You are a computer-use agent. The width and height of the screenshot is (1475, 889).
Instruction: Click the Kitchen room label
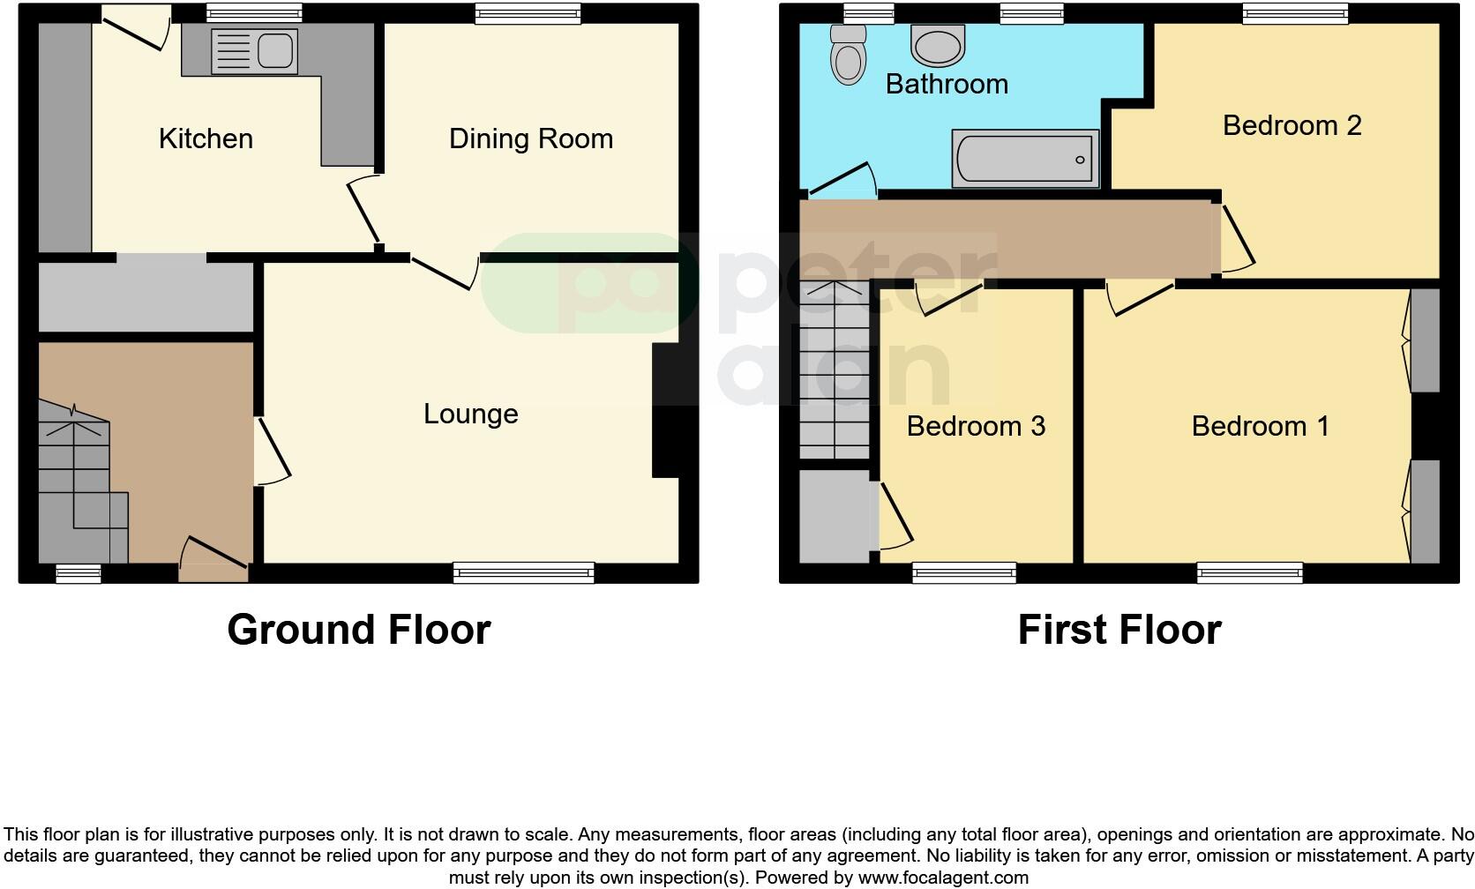point(206,138)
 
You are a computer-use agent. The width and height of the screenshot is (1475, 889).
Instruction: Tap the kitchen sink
point(253,50)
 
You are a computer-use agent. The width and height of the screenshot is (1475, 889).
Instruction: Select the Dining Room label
point(530,138)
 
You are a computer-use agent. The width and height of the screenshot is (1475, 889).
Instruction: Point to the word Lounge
point(470,414)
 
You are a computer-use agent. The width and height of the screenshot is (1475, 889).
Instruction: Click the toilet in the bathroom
point(848,55)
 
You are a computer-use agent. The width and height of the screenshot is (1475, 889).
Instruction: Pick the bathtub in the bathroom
point(1025,159)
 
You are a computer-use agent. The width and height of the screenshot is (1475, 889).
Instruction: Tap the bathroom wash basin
point(939,44)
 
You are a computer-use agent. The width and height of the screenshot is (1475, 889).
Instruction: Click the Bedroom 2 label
point(1292,125)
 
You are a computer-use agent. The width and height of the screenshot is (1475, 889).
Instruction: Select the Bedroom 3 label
point(976,426)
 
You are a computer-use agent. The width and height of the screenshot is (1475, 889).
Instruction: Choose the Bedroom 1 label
point(1260,426)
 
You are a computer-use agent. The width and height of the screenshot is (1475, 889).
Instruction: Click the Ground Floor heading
point(358,630)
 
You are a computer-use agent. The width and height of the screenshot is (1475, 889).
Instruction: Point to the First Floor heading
point(1119,630)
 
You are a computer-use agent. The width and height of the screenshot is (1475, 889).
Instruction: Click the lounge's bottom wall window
point(524,573)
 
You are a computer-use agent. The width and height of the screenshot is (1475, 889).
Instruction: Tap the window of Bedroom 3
point(963,573)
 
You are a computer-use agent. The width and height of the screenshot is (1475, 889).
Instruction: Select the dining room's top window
point(528,12)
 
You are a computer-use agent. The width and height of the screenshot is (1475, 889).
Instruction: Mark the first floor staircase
point(835,370)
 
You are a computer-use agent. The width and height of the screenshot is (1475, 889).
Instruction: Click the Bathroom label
point(947,84)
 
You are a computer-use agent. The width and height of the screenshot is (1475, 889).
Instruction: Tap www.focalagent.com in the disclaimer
point(943,878)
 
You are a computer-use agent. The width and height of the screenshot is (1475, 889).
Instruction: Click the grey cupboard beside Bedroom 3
point(834,516)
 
